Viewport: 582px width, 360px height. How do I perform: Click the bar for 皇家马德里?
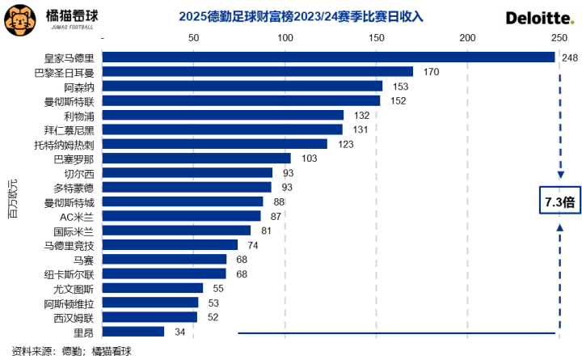tap(329, 57)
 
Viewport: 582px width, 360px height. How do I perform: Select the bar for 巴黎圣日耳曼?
tap(258, 72)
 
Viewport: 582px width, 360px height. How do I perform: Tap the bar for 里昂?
tap(133, 332)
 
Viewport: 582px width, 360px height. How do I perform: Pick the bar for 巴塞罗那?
tap(196, 159)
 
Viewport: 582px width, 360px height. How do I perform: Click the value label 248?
tap(569, 57)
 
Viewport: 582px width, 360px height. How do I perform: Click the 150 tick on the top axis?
tap(375, 38)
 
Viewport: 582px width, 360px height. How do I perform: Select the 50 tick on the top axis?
tap(193, 38)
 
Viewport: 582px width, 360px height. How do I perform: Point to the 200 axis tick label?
tap(466, 38)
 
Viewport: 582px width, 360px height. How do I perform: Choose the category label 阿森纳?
tap(79, 87)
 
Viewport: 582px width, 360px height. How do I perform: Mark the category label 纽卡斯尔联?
tap(70, 274)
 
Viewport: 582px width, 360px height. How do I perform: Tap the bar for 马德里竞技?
tap(170, 245)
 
